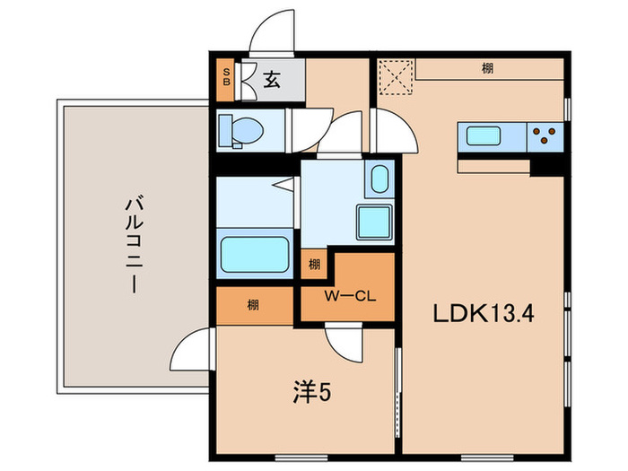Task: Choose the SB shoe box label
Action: (x=226, y=79)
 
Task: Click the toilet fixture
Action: (x=241, y=130)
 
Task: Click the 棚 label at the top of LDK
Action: (x=485, y=68)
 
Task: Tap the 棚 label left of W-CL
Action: (x=254, y=306)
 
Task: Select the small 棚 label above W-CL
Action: (x=314, y=264)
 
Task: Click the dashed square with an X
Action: (x=394, y=76)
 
